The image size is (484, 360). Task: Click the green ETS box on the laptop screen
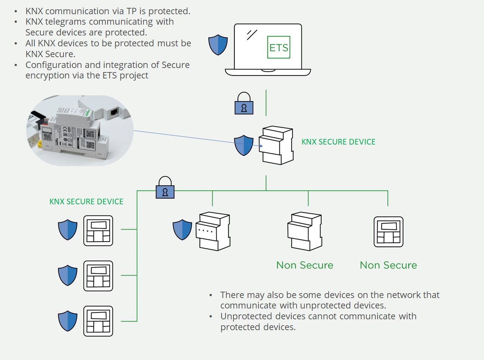coord(279,47)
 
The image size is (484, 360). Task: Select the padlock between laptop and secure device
coord(244,104)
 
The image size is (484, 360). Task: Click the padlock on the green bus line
coord(165,188)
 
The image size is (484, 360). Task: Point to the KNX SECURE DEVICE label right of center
coord(338,142)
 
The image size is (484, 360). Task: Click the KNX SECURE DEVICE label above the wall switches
coord(86,202)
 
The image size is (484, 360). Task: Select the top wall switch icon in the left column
coord(98,231)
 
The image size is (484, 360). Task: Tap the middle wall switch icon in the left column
coord(98,276)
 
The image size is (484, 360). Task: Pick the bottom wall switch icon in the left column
coord(98,321)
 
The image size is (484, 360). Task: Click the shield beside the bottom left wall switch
coord(68,321)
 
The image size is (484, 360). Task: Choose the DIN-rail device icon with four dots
coord(213,232)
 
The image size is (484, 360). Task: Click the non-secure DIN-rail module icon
coord(305,232)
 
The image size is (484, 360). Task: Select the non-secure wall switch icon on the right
coord(388,232)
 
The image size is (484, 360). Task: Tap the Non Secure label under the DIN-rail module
coord(305,265)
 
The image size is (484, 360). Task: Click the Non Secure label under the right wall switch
coord(388,265)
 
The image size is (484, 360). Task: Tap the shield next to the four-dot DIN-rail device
coord(182,230)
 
